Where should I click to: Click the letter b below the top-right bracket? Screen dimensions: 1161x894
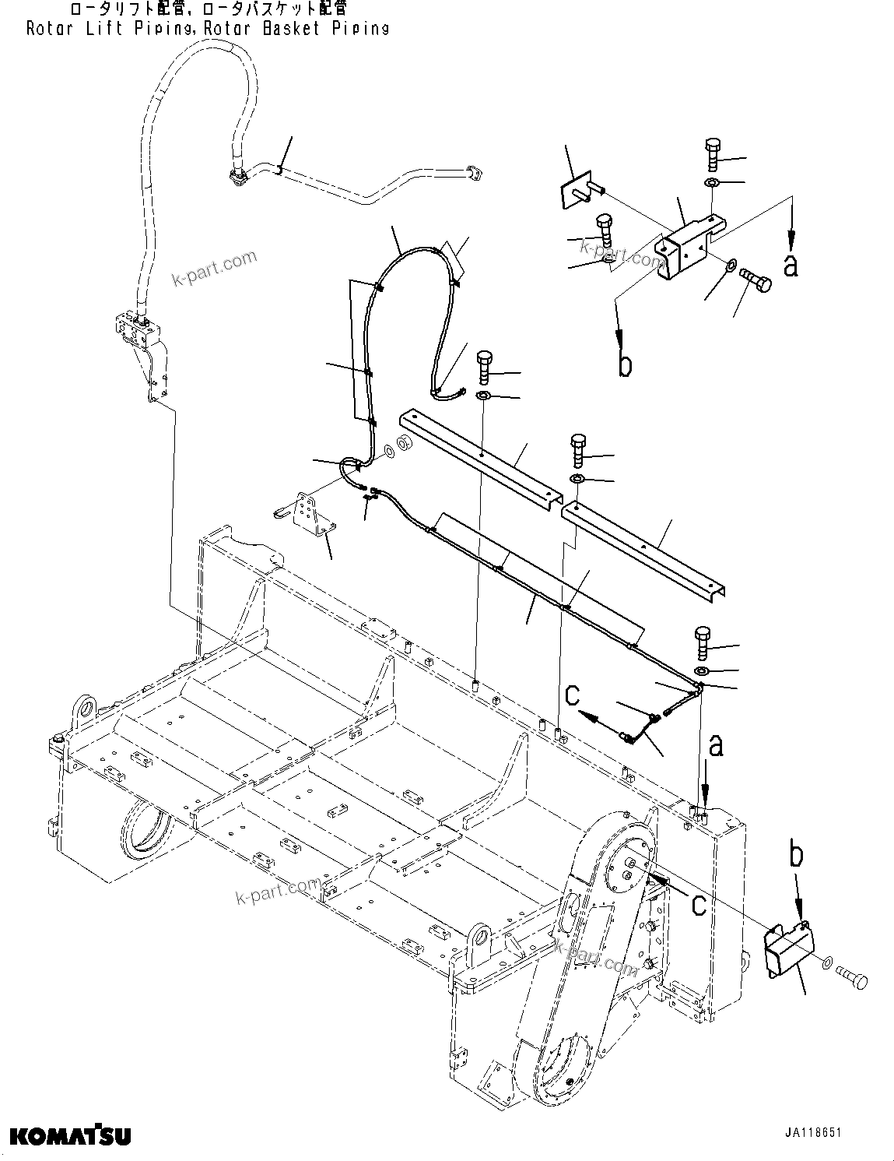point(625,364)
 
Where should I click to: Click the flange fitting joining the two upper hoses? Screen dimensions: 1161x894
point(237,178)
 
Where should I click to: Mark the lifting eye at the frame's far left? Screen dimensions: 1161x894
point(83,709)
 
